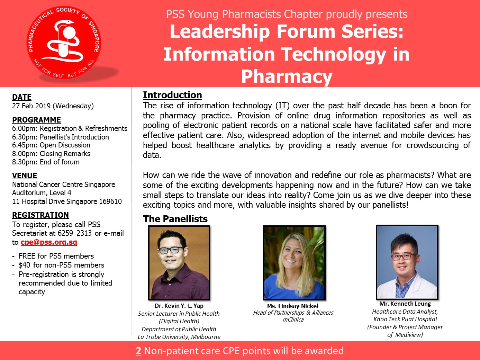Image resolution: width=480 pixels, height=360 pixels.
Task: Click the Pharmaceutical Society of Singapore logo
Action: point(64,43)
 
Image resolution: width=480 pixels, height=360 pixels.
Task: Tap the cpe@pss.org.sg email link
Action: point(49,242)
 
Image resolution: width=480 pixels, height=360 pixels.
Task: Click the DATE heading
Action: point(22,97)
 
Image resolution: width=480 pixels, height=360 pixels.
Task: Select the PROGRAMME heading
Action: point(36,120)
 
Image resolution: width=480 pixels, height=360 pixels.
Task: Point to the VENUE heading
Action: point(25,175)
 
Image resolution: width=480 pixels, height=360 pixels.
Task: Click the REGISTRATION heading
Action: point(40,215)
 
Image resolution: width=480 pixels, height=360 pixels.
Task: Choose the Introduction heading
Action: point(172,95)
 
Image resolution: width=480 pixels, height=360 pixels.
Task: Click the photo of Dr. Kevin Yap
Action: point(179,263)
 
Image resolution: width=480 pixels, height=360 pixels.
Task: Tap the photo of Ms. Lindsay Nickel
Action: point(294,263)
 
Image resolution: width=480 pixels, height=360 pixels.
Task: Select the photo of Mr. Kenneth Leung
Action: point(407,262)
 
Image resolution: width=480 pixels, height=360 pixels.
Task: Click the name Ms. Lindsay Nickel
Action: point(292,306)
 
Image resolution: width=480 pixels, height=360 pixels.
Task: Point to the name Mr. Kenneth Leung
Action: point(405,304)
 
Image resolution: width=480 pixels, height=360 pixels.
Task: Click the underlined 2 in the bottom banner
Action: point(138,351)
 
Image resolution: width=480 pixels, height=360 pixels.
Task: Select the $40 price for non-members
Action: point(24,265)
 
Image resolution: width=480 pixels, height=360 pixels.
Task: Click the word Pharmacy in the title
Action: point(287,76)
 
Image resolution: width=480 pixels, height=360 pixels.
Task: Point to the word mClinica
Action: point(293,320)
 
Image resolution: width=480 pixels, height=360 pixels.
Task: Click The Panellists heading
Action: point(175,219)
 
